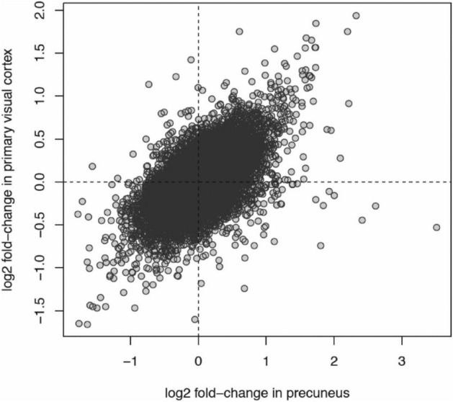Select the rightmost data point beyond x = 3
(x=436, y=227)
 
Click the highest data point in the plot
(x=356, y=16)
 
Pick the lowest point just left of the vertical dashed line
(x=194, y=319)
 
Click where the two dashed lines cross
(x=198, y=182)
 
